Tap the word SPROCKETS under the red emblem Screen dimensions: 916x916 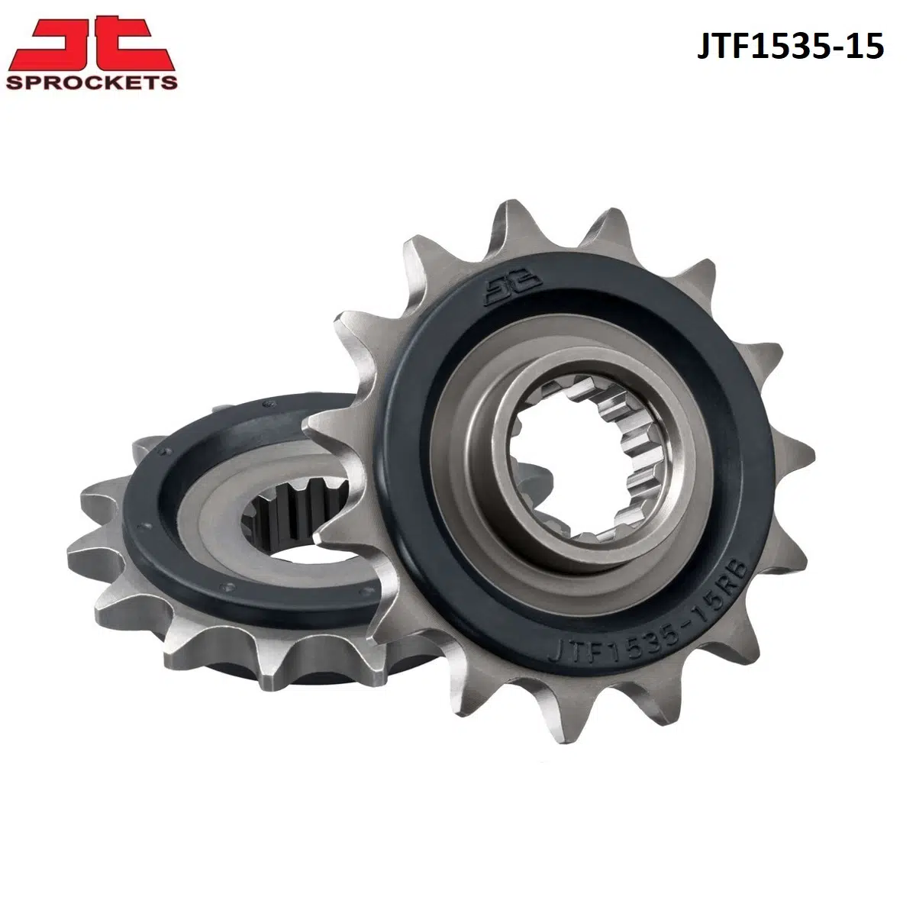click(x=90, y=82)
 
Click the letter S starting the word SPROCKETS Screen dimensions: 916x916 click(x=13, y=82)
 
